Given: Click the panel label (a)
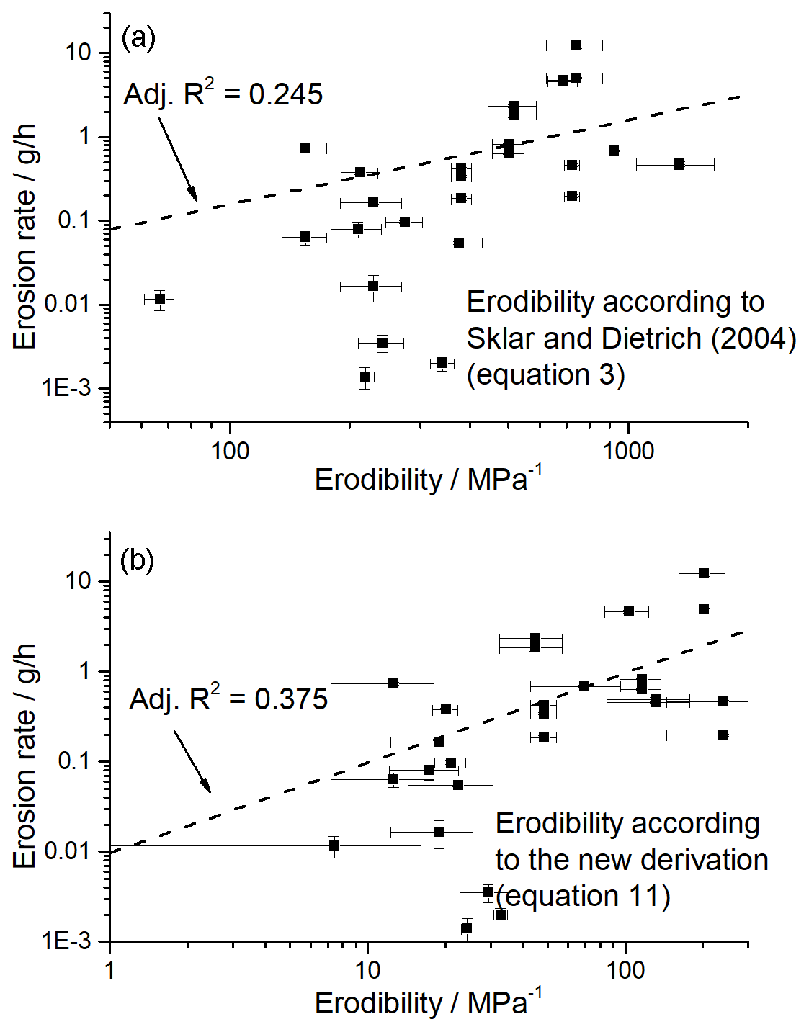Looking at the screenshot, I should pos(138,37).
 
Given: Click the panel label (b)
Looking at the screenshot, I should pos(137,560).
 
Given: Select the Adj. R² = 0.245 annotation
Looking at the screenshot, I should pos(223,94).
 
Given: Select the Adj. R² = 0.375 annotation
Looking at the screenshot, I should pos(228,699).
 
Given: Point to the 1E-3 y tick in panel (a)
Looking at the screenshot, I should pos(66,389).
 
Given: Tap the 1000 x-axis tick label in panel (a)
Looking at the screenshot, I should pos(628,452).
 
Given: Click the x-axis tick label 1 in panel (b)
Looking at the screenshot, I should pos(109,970).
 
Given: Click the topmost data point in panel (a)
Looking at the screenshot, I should pos(576,45).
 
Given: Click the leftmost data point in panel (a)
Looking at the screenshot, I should pos(160,299).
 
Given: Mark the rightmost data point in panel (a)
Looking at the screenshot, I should pos(679,164).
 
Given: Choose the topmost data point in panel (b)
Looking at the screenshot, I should pos(704,573).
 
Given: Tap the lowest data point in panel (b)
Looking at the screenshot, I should pos(467,928).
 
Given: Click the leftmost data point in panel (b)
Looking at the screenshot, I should pos(334,845).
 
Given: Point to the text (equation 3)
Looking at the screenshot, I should pos(545,374).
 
